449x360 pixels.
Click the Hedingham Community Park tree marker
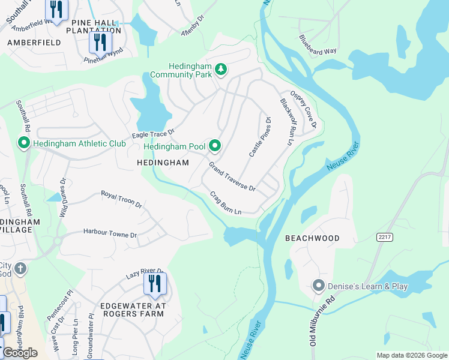[x=221, y=70]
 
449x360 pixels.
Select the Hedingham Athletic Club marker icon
[x=24, y=143]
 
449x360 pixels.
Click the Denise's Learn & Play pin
[x=319, y=286]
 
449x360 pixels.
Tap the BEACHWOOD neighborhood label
[x=312, y=238]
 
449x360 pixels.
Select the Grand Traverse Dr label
[x=232, y=176]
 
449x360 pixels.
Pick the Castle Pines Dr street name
[x=261, y=137]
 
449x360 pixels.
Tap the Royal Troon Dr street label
[x=121, y=199]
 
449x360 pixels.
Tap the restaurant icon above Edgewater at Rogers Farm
[x=155, y=283]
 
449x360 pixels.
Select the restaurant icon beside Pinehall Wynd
[x=100, y=42]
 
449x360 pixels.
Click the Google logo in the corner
[x=19, y=353]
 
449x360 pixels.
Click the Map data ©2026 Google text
[x=411, y=355]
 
